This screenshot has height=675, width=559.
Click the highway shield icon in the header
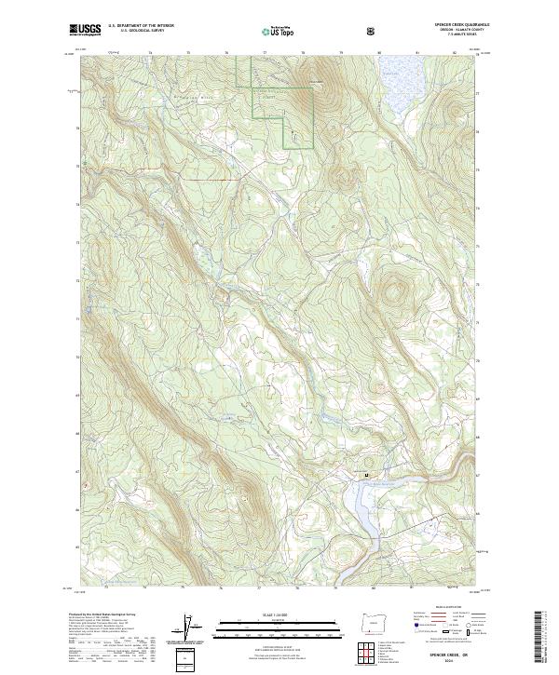[x=373, y=30]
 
